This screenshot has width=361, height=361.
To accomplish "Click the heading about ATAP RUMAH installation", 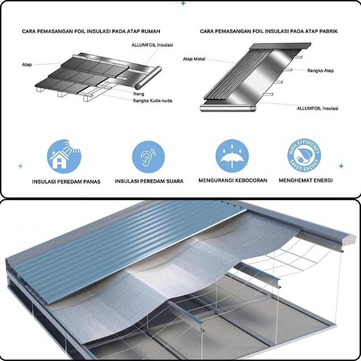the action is (91, 31).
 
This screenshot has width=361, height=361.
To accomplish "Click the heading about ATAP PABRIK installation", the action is (269, 31).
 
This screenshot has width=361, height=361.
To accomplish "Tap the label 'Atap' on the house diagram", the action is (27, 65).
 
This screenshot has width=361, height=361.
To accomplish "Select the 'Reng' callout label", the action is (139, 94).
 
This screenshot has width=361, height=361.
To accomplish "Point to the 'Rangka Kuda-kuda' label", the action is (152, 100).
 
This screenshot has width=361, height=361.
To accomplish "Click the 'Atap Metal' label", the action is (194, 59).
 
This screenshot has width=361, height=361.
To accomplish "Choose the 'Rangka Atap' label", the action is (320, 71).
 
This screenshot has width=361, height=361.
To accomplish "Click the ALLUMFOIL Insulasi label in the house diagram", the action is (152, 45).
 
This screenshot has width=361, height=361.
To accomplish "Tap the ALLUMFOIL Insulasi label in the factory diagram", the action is (318, 108).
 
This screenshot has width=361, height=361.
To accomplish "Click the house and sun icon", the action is (64, 156).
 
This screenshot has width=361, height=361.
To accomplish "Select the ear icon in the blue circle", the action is (148, 157).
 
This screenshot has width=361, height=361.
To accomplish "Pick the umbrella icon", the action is (232, 156).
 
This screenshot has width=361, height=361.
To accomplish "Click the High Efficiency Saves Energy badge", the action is (304, 155).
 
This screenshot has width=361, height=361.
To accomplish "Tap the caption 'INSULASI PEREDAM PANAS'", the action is (66, 182).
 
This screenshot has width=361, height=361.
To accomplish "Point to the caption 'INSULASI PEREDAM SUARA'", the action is (149, 181).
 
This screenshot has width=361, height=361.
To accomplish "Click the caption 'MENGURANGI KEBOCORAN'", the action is (233, 180).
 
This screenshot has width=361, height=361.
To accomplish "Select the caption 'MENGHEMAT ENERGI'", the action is (306, 180).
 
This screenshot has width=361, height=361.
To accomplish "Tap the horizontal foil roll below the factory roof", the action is (228, 108).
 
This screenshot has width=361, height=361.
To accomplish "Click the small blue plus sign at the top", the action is (183, 3).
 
